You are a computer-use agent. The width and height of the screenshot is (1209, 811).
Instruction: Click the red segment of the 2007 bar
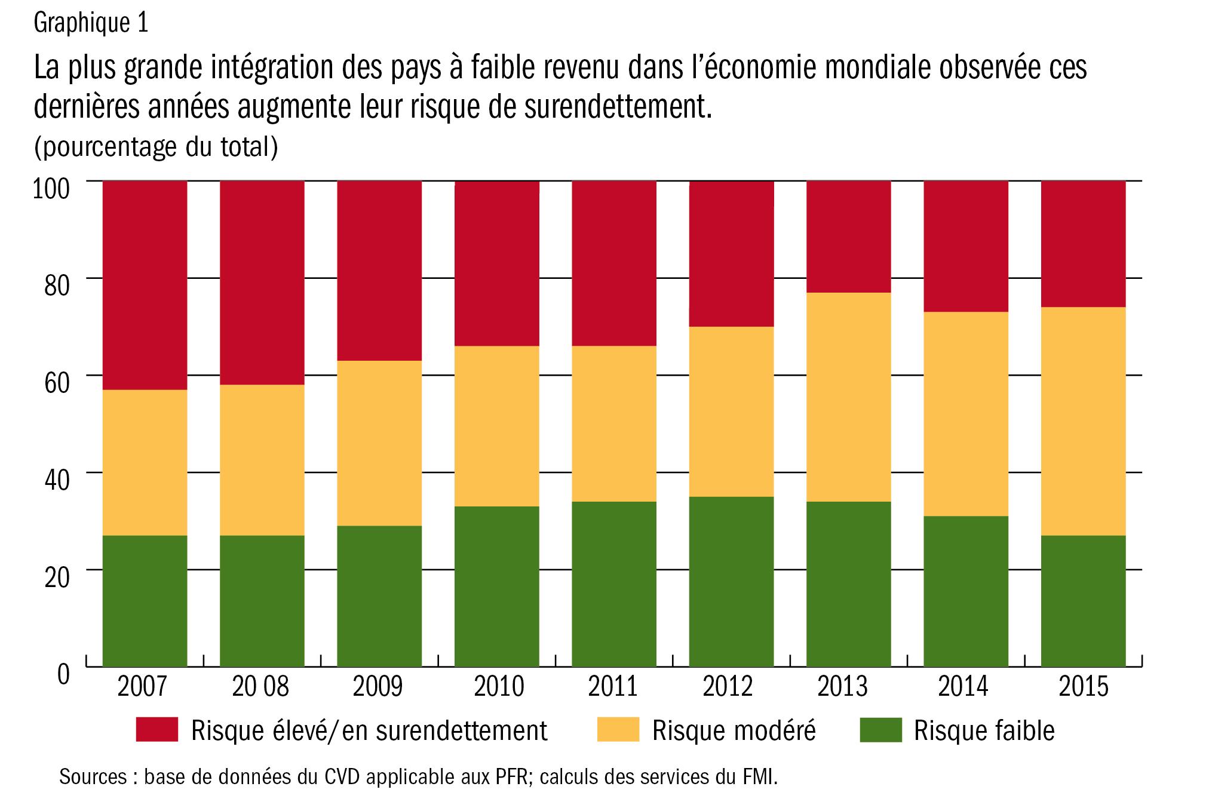click(145, 285)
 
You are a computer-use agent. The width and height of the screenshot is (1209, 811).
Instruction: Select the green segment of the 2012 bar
click(731, 581)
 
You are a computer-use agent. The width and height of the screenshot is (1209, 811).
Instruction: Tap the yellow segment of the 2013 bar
click(848, 397)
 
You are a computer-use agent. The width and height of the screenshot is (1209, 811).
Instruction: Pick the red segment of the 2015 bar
click(1083, 244)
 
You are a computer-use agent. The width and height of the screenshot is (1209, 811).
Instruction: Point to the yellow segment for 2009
click(379, 443)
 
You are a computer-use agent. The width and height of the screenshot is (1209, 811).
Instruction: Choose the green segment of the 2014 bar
click(966, 591)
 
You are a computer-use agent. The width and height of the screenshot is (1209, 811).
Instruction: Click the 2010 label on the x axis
click(499, 687)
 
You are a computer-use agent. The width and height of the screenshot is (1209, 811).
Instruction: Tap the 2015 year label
click(1084, 687)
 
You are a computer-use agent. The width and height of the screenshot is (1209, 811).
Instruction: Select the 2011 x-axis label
click(613, 687)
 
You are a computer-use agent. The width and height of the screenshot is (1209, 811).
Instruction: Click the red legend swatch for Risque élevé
click(157, 730)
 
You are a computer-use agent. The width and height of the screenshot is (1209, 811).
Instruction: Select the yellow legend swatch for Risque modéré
click(618, 730)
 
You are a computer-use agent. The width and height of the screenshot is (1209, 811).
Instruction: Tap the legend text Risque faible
click(984, 730)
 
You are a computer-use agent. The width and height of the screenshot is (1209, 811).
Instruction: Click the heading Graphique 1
click(91, 24)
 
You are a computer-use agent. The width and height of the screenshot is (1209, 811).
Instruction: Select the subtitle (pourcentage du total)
click(156, 147)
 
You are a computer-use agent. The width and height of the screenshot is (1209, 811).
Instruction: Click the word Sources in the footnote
click(93, 777)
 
